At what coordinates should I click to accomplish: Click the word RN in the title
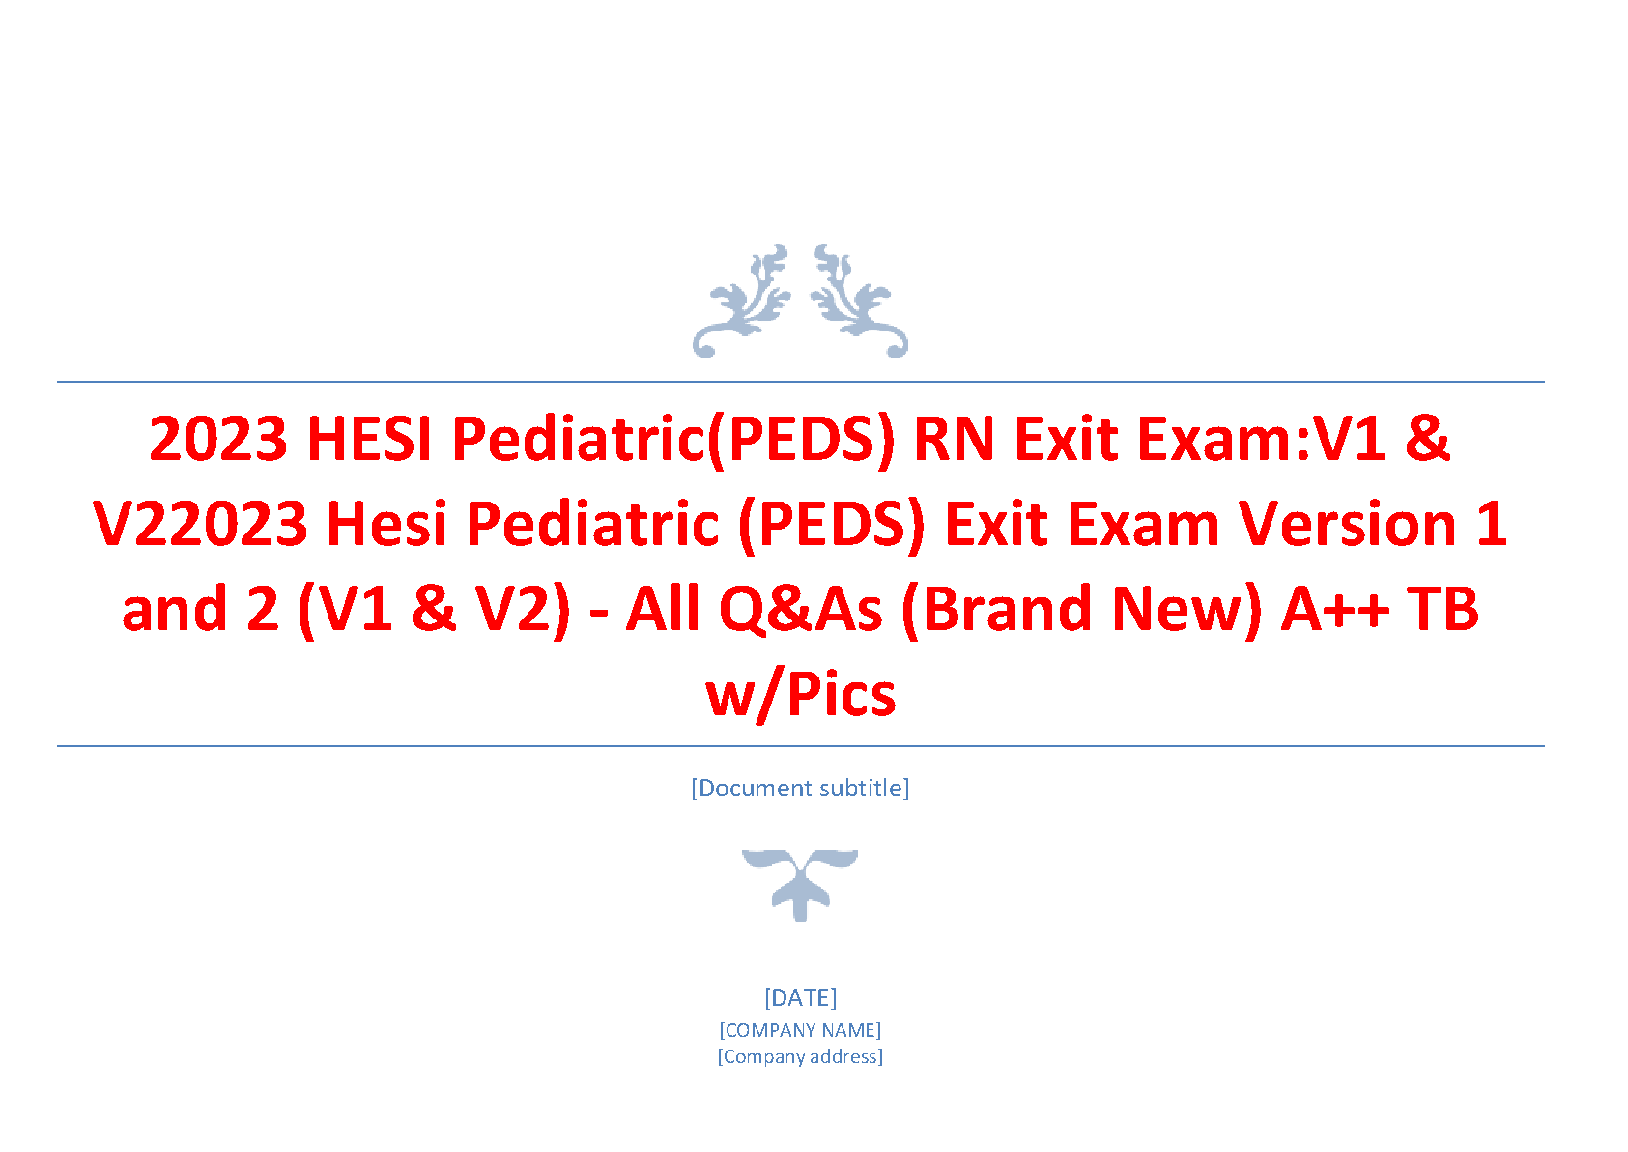954,439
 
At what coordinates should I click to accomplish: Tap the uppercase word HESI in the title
369,439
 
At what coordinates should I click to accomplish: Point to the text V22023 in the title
200,523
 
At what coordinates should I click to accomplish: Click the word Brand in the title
996,609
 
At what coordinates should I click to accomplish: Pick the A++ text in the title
1333,609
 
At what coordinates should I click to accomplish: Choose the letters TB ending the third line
1443,609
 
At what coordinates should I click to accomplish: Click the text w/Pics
801,695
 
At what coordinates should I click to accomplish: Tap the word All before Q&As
662,609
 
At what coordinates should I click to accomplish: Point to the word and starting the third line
175,609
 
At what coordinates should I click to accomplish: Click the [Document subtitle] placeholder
800,788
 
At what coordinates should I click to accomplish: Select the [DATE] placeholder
800,998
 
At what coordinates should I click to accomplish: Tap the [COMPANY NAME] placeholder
800,1030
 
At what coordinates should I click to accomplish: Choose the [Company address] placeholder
800,1056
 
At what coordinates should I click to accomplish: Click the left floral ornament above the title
741,301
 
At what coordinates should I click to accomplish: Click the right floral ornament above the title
859,301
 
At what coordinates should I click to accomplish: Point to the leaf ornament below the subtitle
800,884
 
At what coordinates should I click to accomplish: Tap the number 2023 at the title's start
218,439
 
